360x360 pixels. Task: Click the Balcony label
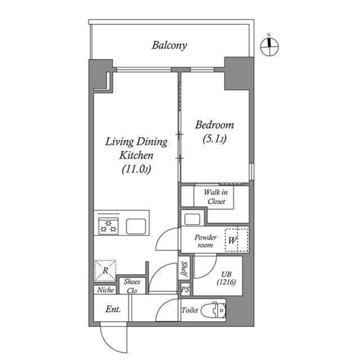(x=169, y=45)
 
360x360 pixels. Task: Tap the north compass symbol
(x=269, y=47)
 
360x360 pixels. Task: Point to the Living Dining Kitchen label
(x=136, y=155)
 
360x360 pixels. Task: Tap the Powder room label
(x=205, y=241)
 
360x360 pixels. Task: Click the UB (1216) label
(x=224, y=277)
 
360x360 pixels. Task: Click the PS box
(x=184, y=290)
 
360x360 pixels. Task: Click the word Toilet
(x=190, y=310)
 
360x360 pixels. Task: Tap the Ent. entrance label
(x=112, y=309)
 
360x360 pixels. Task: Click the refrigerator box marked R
(x=105, y=270)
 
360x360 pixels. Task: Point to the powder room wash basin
(x=192, y=219)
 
